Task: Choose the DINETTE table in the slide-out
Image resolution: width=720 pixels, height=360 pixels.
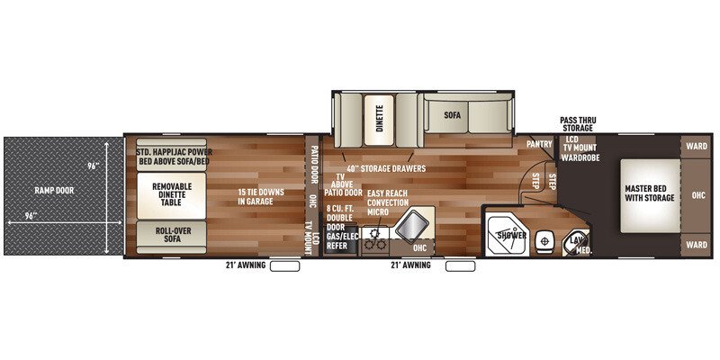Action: (x=379, y=124)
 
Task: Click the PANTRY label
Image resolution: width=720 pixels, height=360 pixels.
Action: (x=538, y=144)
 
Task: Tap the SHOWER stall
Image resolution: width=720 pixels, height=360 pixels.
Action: (x=509, y=235)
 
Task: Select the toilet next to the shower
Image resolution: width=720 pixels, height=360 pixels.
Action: (x=543, y=240)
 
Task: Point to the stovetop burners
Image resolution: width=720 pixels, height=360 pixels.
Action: (x=375, y=238)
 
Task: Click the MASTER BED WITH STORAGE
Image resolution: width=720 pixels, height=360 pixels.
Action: (x=650, y=193)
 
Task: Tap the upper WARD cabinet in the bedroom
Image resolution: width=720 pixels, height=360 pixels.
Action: (x=696, y=145)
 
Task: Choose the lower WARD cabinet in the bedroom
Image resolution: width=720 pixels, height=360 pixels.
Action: (x=696, y=243)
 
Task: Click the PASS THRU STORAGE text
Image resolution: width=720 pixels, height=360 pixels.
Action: (x=576, y=124)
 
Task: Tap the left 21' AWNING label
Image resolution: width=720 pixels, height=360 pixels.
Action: (x=245, y=265)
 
